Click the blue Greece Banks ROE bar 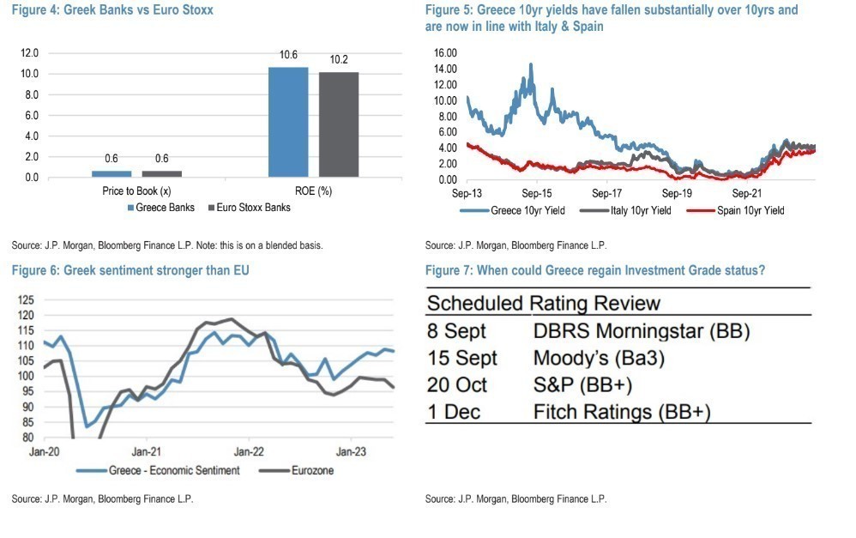pyautogui.click(x=287, y=122)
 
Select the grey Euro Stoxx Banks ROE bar pyautogui.click(x=339, y=124)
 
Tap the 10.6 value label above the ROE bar pyautogui.click(x=288, y=56)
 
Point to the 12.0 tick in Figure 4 pyautogui.click(x=30, y=53)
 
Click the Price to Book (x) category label pyautogui.click(x=137, y=191)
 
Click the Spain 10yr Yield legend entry pyautogui.click(x=750, y=210)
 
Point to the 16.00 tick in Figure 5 pyautogui.click(x=446, y=53)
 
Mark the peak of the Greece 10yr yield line pyautogui.click(x=531, y=64)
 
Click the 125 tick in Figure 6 pyautogui.click(x=26, y=300)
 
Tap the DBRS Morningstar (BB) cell pyautogui.click(x=626, y=331)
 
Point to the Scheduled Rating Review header pyautogui.click(x=544, y=303)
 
